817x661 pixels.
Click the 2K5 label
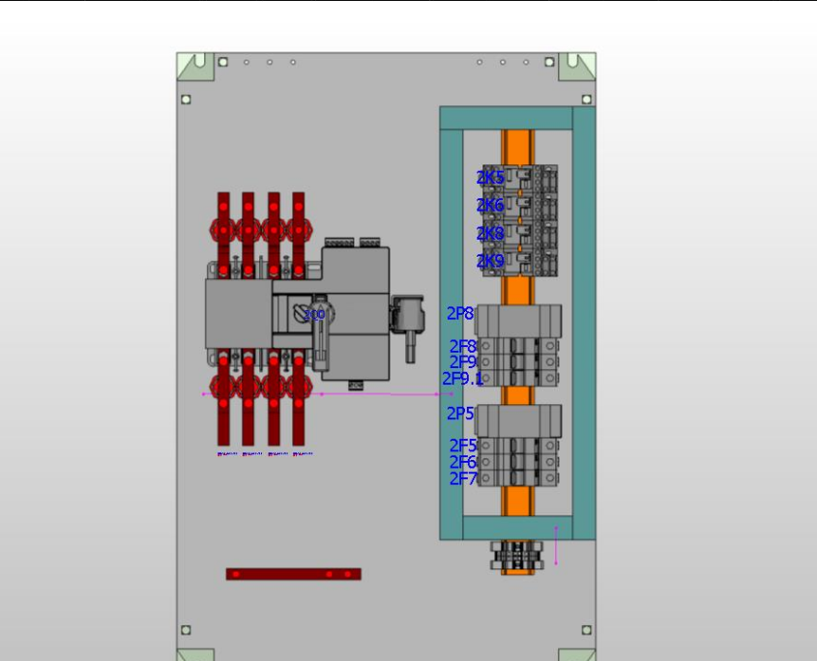tap(489, 178)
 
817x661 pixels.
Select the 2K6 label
tap(489, 206)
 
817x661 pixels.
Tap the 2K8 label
tap(489, 234)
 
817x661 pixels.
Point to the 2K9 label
tap(489, 261)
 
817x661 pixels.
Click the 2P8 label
tap(460, 314)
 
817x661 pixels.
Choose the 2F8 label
tap(463, 346)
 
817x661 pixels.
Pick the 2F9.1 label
tap(463, 379)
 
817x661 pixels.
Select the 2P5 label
tap(460, 414)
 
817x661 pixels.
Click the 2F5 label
tap(463, 445)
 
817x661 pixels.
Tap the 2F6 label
tap(463, 462)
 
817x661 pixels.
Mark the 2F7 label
tap(463, 478)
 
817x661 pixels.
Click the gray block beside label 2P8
tap(519, 320)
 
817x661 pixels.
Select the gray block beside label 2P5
tap(519, 419)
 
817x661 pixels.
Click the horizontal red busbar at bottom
tap(293, 574)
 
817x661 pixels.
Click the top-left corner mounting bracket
tap(195, 67)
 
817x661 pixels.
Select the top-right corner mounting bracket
tap(580, 67)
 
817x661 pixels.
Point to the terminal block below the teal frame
tap(517, 556)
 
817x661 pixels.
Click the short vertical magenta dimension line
tap(556, 546)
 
